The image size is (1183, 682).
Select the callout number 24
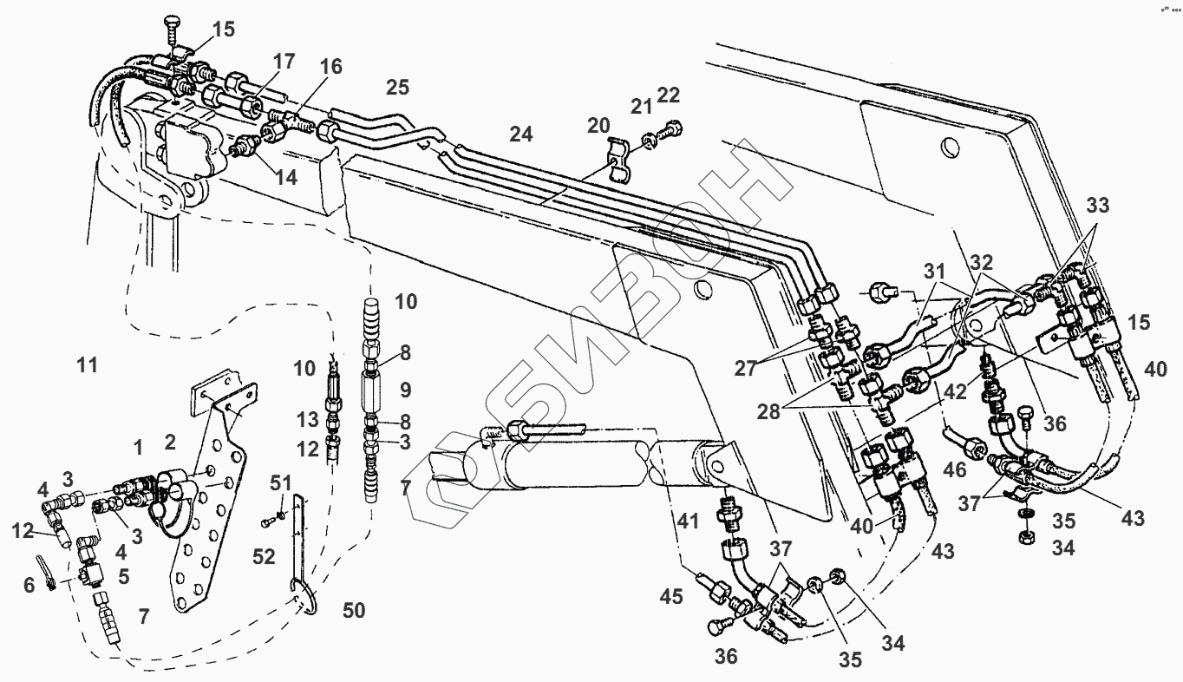pyautogui.click(x=521, y=134)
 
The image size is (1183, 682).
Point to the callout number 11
pyautogui.click(x=87, y=364)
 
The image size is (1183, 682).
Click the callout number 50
pyautogui.click(x=353, y=610)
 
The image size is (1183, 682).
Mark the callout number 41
pyautogui.click(x=689, y=521)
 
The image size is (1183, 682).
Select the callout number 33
pyautogui.click(x=1098, y=207)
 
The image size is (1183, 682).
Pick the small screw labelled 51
pyautogui.click(x=271, y=521)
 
